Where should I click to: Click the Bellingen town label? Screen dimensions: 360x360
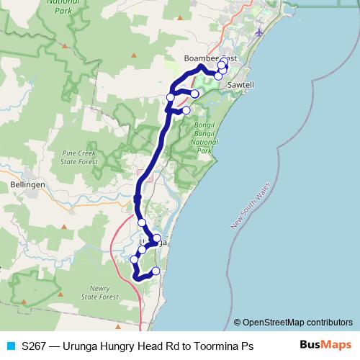[28, 184]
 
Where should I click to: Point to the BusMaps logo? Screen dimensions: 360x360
[325, 345]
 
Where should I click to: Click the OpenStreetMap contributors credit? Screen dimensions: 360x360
[297, 323]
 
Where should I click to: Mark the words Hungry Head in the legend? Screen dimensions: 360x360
[131, 346]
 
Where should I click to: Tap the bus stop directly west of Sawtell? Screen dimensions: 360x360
[218, 76]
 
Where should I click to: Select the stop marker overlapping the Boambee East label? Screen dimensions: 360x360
[222, 63]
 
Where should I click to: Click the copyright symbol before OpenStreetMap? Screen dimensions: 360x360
[238, 323]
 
